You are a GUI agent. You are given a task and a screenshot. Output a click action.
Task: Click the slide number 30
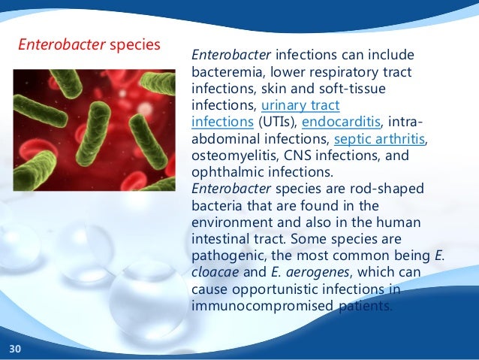pyautogui.click(x=15, y=349)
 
